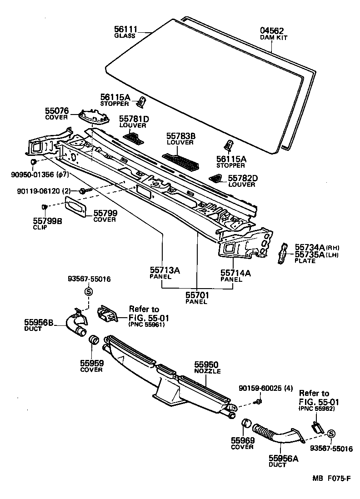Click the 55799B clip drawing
pos(45,208)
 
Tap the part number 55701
pos(197,295)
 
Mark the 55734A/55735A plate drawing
pos(282,253)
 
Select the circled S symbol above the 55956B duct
pos(89,292)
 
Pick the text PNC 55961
pos(146,324)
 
